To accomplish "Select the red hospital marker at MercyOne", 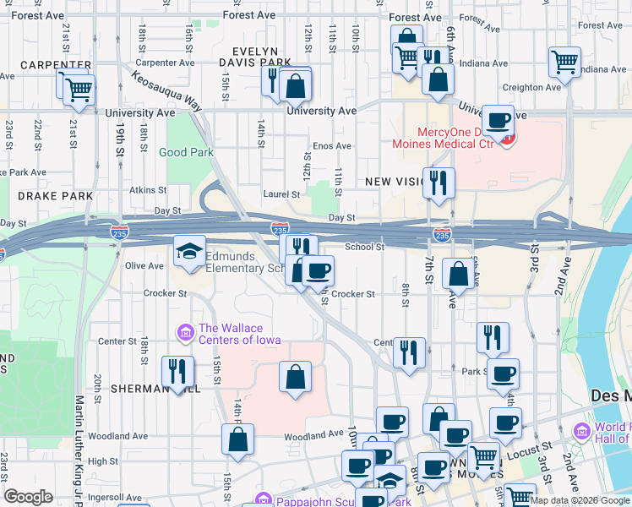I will (507, 140).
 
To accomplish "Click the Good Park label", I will (186, 153).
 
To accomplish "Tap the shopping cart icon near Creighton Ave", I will (564, 62).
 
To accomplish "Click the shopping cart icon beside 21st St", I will (79, 88).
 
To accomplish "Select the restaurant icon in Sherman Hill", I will (177, 371).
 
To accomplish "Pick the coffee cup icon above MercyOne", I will (499, 120).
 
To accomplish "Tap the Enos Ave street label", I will (331, 146).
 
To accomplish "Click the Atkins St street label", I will (147, 190).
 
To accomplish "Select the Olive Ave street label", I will (144, 265).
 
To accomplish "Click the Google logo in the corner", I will (28, 497).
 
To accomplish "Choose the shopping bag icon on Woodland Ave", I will (237, 439).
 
